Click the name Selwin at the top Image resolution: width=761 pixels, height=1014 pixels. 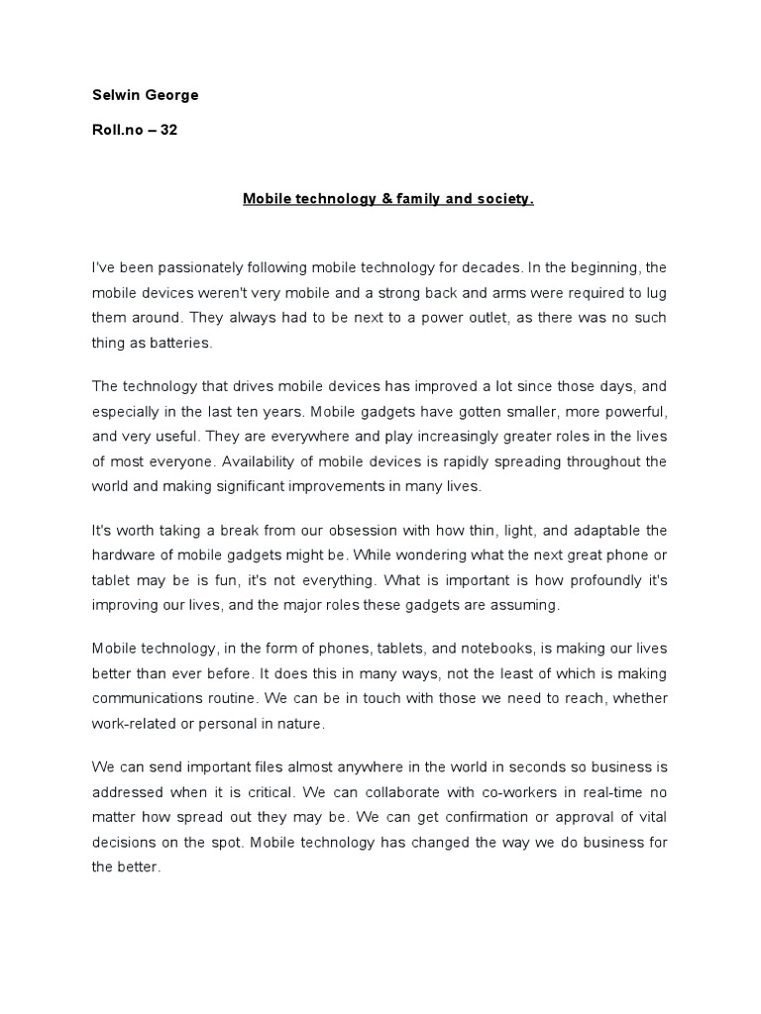[x=114, y=96]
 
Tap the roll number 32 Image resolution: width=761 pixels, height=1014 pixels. [x=168, y=130]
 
